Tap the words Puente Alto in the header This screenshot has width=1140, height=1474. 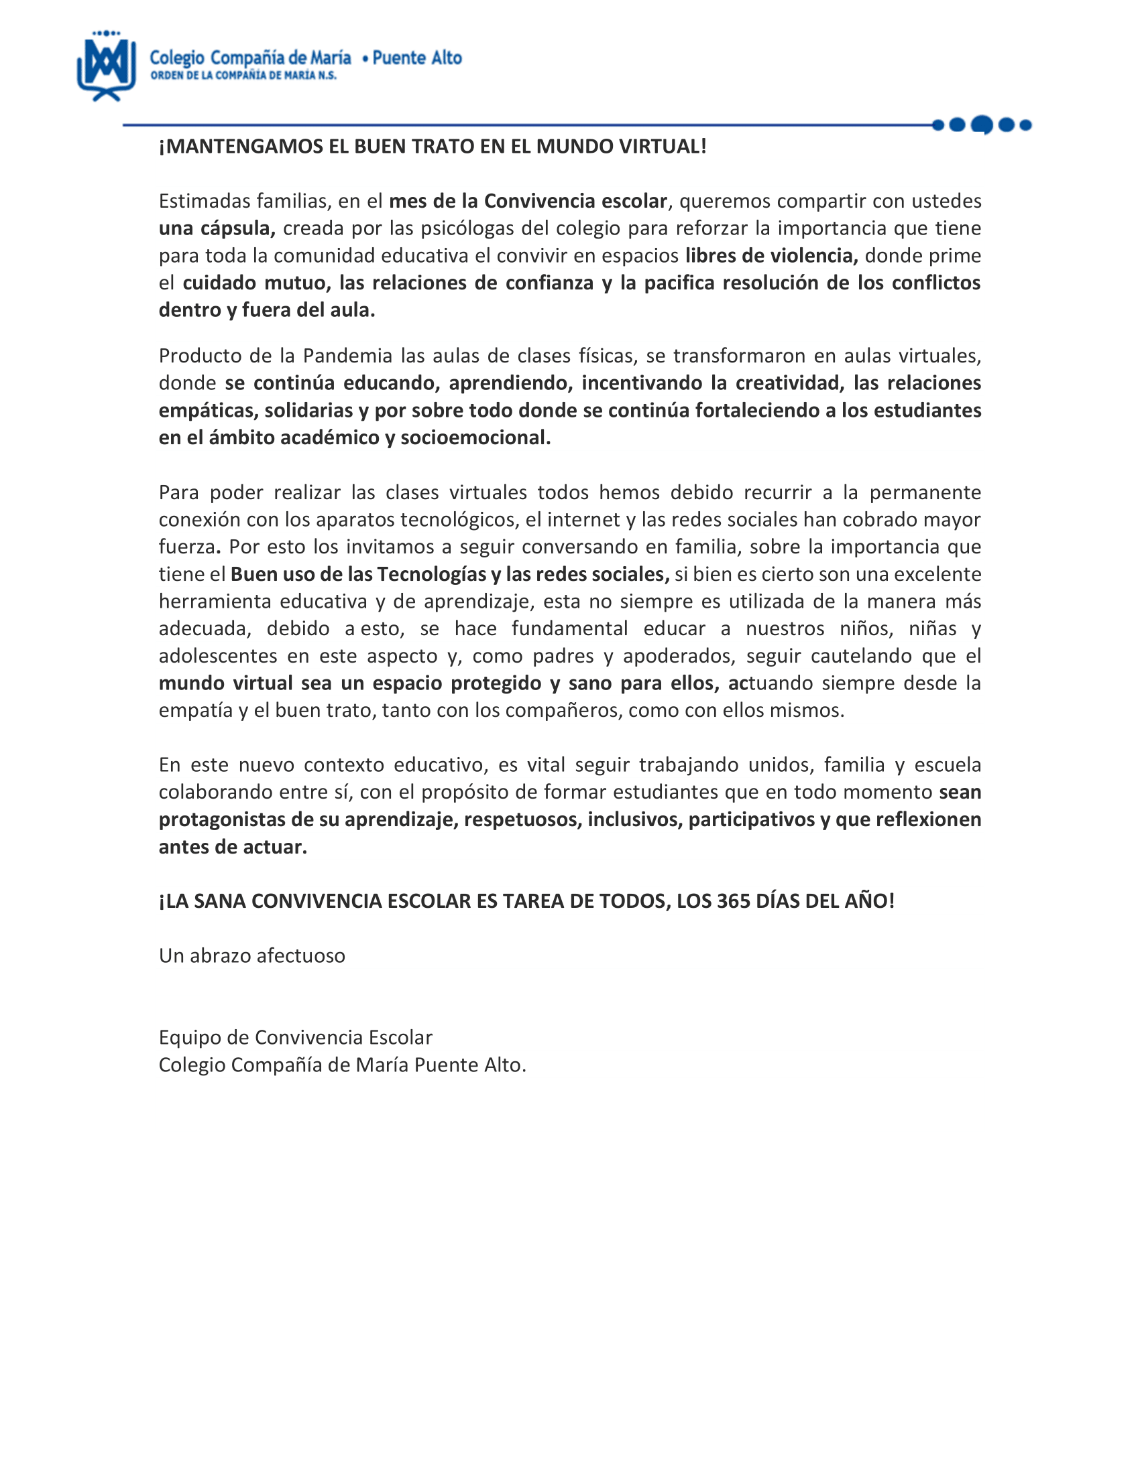pos(416,59)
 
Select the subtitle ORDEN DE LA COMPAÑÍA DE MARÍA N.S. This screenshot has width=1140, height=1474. pos(243,76)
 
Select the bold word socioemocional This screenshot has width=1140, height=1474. pos(475,438)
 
